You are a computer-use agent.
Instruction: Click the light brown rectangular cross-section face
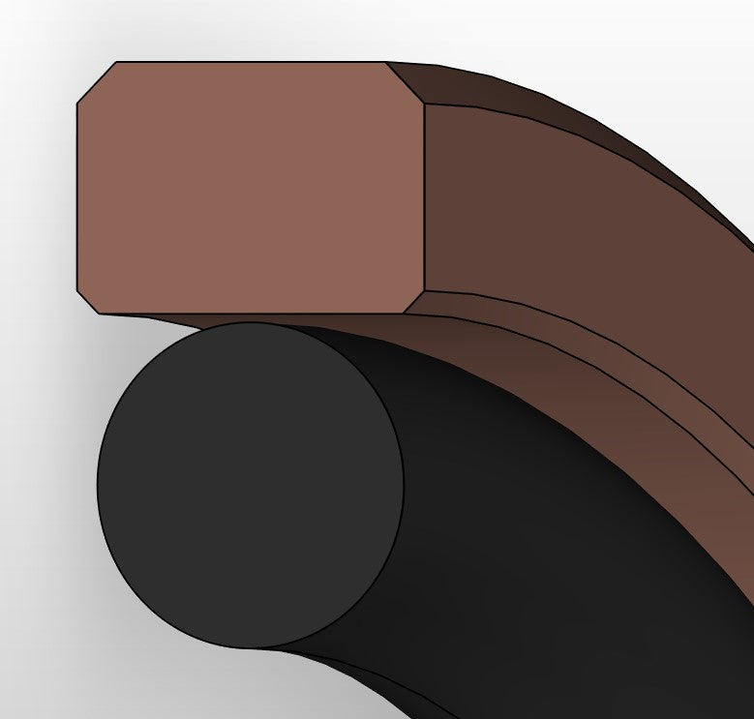[x=250, y=188]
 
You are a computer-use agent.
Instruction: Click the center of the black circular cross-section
[x=250, y=485]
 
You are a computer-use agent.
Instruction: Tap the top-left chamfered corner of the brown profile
[x=96, y=81]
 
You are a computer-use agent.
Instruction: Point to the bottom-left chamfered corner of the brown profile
[x=89, y=301]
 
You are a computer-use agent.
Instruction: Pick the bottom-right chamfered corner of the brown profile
[x=414, y=302]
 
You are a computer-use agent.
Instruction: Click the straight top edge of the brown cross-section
[x=250, y=62]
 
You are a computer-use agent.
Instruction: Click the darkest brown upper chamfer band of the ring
[x=542, y=106]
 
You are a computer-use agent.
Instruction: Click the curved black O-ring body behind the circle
[x=542, y=542]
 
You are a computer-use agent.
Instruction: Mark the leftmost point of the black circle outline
[x=98, y=485]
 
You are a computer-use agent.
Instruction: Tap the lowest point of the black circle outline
[x=250, y=647]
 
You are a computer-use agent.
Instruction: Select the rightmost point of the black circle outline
[x=403, y=485]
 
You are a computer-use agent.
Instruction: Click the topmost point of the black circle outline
[x=250, y=323]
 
